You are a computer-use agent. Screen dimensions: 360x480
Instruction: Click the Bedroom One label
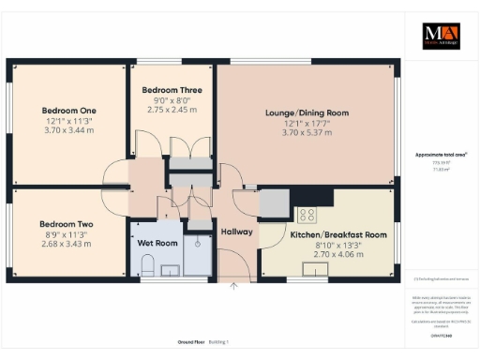[68, 111]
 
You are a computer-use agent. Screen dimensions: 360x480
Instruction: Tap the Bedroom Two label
[66, 224]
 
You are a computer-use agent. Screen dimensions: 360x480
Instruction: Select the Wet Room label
[157, 242]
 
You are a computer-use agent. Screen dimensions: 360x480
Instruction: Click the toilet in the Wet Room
[144, 269]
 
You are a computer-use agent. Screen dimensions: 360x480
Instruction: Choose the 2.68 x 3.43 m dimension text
[66, 244]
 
